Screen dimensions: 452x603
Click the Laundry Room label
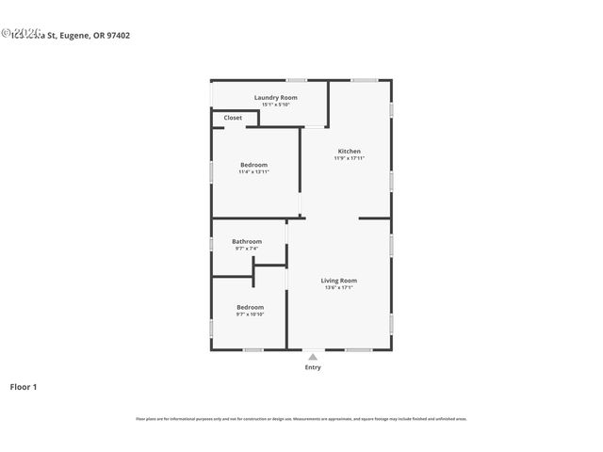pyautogui.click(x=276, y=97)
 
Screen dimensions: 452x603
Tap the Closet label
pyautogui.click(x=233, y=118)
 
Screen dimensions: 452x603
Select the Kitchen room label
pyautogui.click(x=350, y=151)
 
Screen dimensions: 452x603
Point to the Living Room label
pyautogui.click(x=339, y=280)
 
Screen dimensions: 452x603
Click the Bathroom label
pyautogui.click(x=247, y=241)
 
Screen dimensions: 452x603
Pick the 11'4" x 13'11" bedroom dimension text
pyautogui.click(x=253, y=172)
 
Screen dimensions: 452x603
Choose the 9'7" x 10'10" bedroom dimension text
pyautogui.click(x=250, y=315)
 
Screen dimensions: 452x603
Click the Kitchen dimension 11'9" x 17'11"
pyautogui.click(x=350, y=158)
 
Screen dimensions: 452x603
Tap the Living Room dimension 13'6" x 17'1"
pyautogui.click(x=339, y=287)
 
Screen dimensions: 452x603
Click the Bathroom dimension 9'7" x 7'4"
pyautogui.click(x=247, y=249)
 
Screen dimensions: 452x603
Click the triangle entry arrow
pyautogui.click(x=313, y=357)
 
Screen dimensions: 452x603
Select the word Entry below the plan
pyautogui.click(x=313, y=367)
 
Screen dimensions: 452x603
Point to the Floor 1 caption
pyautogui.click(x=24, y=387)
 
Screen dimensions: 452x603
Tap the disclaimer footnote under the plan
pyautogui.click(x=301, y=419)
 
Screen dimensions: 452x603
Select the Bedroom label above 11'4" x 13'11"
pyautogui.click(x=253, y=165)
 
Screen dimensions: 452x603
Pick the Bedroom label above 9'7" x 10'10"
pyautogui.click(x=250, y=307)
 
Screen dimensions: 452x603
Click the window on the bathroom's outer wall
pyautogui.click(x=211, y=243)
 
